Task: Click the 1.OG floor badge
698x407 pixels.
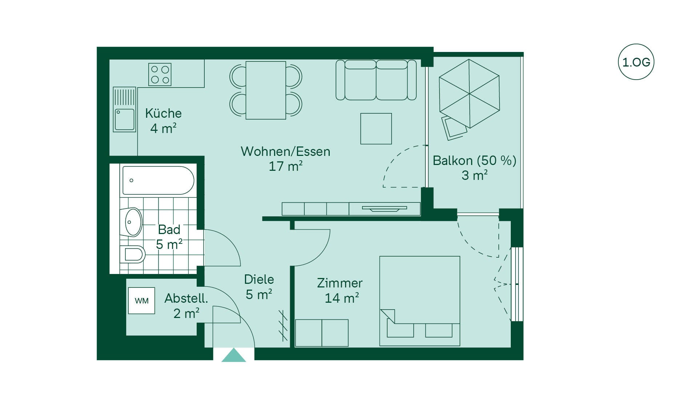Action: click(636, 62)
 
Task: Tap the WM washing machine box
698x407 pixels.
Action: click(141, 301)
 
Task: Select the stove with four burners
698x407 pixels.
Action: click(160, 74)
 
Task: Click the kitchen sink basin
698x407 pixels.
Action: click(124, 120)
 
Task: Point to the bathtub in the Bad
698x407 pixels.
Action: click(158, 180)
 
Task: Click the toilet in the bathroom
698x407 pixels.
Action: click(133, 254)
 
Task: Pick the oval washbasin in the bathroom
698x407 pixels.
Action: click(133, 222)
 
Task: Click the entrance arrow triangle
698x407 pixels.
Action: click(234, 355)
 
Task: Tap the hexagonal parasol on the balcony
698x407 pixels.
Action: click(469, 94)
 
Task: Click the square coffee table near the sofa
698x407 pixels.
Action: click(376, 129)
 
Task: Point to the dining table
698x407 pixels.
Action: click(266, 90)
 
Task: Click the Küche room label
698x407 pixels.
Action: click(163, 113)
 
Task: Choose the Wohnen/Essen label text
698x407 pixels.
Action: click(285, 151)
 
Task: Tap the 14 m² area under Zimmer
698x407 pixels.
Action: click(342, 298)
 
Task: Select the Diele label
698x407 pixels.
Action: click(259, 279)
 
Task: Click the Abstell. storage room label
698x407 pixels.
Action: click(186, 298)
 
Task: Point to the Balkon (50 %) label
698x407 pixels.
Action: click(474, 160)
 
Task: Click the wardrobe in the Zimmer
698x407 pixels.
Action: click(322, 333)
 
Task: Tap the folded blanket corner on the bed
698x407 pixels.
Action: click(388, 315)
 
